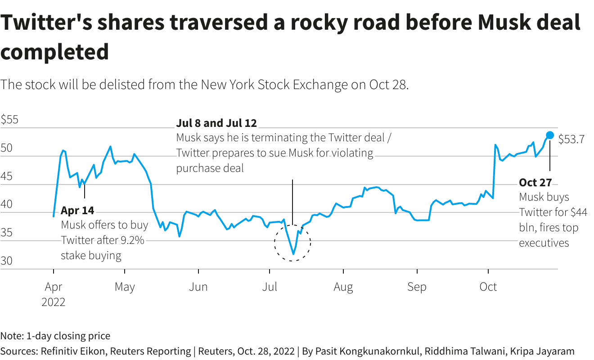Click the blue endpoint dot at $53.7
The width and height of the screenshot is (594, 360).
[550, 135]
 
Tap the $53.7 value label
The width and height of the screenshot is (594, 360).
[571, 139]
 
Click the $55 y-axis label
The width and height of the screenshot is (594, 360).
[9, 120]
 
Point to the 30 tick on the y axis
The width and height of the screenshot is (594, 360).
[7, 261]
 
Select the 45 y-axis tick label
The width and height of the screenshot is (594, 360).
[7, 177]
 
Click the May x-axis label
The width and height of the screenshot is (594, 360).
[125, 287]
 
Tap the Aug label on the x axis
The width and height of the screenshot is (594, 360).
[343, 287]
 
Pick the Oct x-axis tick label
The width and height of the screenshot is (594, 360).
[488, 287]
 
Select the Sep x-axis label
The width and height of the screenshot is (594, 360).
[417, 287]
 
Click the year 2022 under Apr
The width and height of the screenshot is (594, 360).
[54, 302]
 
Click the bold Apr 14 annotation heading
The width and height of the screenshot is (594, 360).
[77, 211]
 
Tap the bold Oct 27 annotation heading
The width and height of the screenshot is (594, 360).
[535, 183]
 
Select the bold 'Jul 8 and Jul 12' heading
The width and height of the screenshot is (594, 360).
[216, 123]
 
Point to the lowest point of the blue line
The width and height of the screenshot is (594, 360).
[293, 254]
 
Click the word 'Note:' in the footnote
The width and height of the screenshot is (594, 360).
[12, 336]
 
